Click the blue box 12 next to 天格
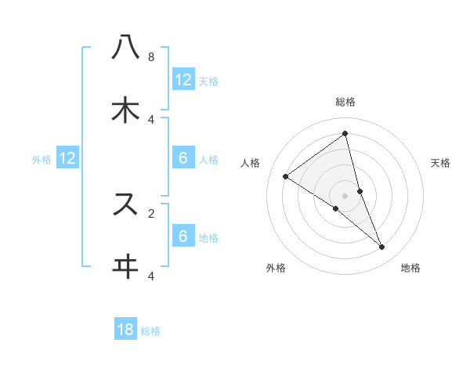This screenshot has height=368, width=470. [x=183, y=80]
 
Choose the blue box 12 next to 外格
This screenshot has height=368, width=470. [x=67, y=158]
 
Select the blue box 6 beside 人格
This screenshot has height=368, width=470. [x=183, y=158]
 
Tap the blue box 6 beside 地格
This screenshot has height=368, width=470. [x=183, y=236]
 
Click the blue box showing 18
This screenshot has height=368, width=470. [x=125, y=330]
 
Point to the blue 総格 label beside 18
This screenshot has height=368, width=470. [x=150, y=331]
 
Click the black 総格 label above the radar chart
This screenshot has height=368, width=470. [x=345, y=102]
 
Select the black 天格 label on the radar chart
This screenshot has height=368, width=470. [x=440, y=163]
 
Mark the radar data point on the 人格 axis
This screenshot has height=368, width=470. [x=286, y=176]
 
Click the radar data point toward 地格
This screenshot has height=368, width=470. [x=382, y=247]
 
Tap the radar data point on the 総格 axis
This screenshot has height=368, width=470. [x=345, y=133]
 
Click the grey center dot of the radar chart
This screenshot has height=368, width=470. [x=345, y=195]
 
